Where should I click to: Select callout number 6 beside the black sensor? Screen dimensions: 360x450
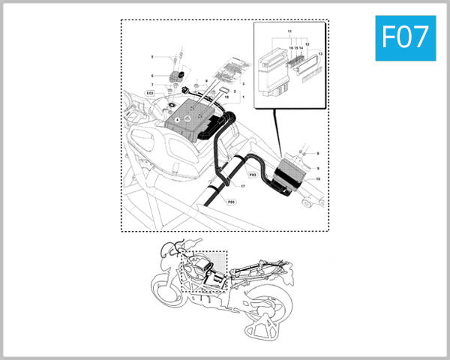[152, 76]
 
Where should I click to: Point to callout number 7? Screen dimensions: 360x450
[152, 85]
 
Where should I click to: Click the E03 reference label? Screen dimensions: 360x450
[150, 93]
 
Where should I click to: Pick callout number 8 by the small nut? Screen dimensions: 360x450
[317, 154]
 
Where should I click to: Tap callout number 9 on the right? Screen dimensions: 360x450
[317, 169]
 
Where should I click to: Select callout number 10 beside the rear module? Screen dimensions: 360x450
[317, 179]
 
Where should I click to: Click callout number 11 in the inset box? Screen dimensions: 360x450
[289, 31]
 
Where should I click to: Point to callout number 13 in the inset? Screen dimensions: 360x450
[321, 55]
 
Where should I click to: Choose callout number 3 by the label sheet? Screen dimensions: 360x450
[243, 84]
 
